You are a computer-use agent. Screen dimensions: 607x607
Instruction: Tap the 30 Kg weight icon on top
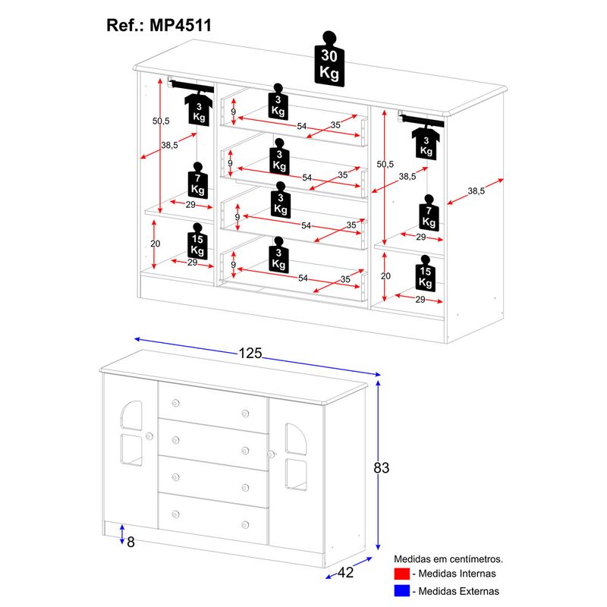(x=329, y=61)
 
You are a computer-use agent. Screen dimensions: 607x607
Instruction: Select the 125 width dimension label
(x=250, y=353)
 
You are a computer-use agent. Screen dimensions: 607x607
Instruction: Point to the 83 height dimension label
(x=381, y=468)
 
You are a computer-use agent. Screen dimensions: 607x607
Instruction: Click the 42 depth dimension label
(x=345, y=573)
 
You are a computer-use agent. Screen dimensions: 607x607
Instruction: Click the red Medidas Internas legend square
(x=402, y=574)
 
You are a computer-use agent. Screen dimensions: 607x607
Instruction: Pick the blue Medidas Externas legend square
(x=402, y=590)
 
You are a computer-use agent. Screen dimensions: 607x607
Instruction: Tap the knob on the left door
(x=149, y=436)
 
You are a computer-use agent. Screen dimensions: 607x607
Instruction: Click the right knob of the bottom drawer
(x=246, y=524)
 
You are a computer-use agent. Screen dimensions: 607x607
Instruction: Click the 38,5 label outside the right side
(x=476, y=191)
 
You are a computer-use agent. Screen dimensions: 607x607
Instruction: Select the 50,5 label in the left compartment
(x=160, y=121)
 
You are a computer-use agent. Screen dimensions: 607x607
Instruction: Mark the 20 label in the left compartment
(x=156, y=244)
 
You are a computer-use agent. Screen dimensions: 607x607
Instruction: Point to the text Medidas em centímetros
(x=448, y=558)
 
